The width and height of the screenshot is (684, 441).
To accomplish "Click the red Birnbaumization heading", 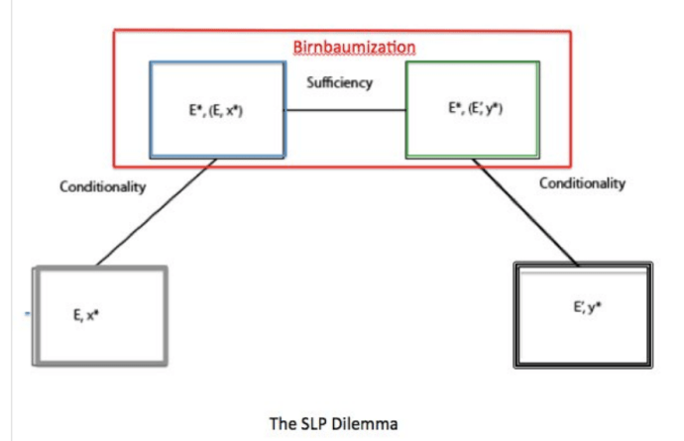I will coord(354,47).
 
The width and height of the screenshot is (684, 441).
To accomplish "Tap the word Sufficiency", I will coord(340,83).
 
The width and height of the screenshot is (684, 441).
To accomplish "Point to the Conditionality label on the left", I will coord(102,189).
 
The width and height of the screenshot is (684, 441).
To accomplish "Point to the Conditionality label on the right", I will coord(582,183).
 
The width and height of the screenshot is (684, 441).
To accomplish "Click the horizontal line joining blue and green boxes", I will coord(344,110).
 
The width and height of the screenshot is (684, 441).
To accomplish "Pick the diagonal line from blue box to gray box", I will coord(155,214).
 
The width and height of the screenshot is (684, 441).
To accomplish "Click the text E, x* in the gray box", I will coord(89,316).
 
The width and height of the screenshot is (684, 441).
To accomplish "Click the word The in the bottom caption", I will coord(282,424).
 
